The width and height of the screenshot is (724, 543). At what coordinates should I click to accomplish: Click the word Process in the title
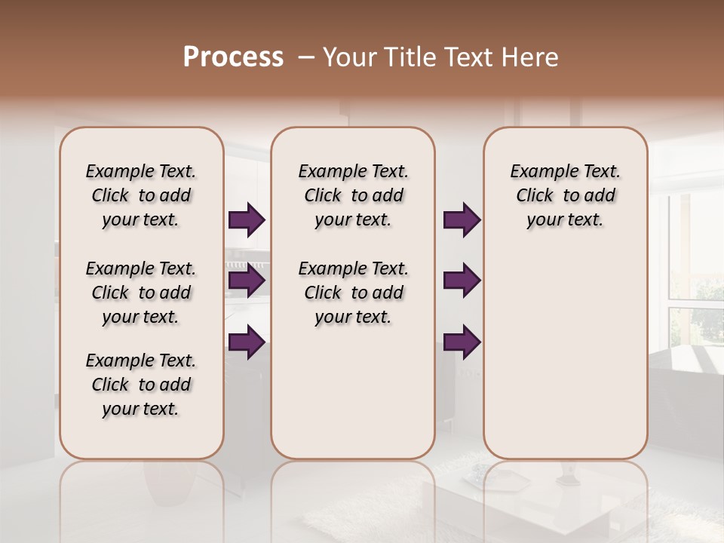[233, 57]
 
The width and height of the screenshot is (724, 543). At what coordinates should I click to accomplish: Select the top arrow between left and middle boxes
[246, 220]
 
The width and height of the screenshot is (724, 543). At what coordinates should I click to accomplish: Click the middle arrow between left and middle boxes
[246, 281]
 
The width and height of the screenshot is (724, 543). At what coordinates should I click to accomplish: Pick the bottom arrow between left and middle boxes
[246, 342]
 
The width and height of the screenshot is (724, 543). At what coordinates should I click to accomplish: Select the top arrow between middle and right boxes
[462, 220]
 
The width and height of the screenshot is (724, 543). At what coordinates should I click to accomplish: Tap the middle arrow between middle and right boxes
[462, 281]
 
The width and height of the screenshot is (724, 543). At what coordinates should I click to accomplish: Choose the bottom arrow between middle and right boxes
[462, 342]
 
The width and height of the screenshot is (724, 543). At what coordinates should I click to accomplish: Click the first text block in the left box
[141, 195]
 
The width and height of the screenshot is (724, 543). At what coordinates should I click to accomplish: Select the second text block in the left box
[141, 293]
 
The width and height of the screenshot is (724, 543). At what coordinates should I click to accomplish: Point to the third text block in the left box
[141, 385]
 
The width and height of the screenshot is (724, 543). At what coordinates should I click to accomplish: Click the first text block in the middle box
[353, 195]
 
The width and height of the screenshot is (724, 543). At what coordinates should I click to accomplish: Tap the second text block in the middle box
[353, 293]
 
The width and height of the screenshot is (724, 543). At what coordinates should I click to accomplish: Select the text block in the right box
[565, 195]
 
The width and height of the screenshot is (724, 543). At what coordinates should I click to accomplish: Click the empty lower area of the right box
[565, 354]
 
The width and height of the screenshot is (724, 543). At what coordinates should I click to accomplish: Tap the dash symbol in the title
[307, 57]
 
